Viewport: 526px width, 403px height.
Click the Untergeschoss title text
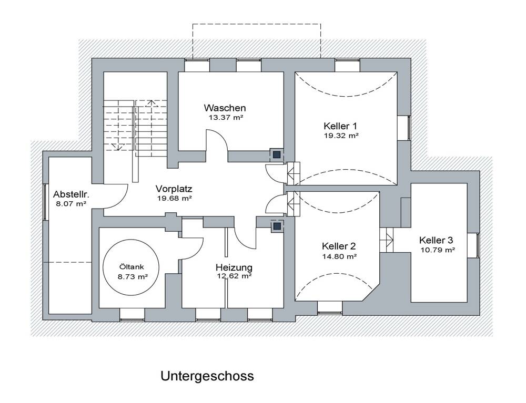click(x=207, y=376)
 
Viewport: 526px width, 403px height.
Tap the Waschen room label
click(x=225, y=108)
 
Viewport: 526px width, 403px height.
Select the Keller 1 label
click(x=340, y=126)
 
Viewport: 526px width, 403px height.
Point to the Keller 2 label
click(x=339, y=246)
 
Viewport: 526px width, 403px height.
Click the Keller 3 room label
click(x=436, y=240)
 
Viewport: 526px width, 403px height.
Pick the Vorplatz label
click(x=174, y=189)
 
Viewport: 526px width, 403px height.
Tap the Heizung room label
click(x=234, y=267)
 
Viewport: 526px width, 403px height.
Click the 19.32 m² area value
click(x=341, y=136)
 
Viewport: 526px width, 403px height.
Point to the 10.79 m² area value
click(x=437, y=250)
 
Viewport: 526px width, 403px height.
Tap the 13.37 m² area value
click(x=226, y=118)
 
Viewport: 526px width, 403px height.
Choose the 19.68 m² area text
click(x=174, y=199)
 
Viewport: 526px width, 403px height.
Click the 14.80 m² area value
click(x=339, y=256)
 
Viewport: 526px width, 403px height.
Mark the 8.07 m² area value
click(x=69, y=203)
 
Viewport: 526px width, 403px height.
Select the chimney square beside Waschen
click(x=276, y=154)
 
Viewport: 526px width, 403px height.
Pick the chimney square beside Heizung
click(x=276, y=226)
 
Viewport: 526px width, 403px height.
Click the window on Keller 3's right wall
click(x=478, y=245)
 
